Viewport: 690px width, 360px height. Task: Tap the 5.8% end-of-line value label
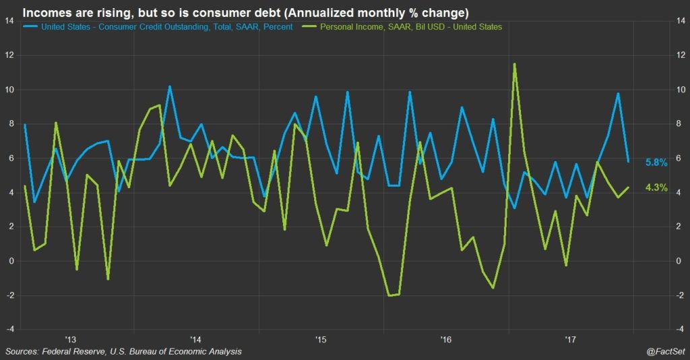coord(656,162)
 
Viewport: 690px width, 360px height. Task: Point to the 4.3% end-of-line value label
coord(656,188)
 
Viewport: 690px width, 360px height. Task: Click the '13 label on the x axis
coord(70,338)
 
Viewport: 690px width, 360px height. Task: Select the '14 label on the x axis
coord(195,338)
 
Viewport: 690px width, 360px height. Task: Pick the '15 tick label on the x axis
coord(320,338)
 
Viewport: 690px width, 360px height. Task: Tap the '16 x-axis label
coord(445,338)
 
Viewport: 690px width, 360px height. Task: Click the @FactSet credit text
coord(663,352)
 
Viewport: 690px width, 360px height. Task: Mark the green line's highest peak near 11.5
coord(514,64)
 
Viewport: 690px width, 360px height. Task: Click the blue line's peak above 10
coord(170,86)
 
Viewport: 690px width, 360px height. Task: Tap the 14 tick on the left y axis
coord(9,21)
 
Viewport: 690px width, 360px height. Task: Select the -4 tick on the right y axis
coord(681,330)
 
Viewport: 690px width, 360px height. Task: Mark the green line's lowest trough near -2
coord(390,295)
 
